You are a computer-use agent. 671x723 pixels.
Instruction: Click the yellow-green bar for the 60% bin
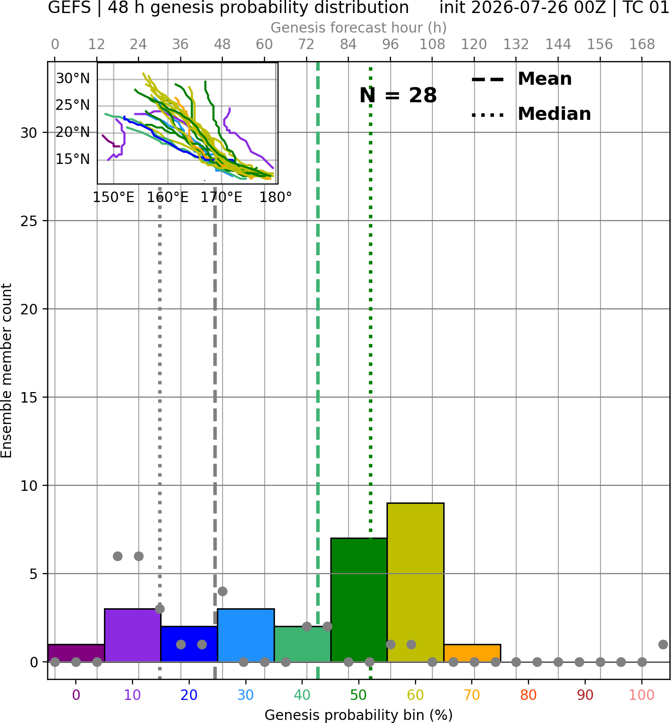click(415, 582)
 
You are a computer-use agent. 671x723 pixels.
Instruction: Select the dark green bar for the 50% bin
click(359, 600)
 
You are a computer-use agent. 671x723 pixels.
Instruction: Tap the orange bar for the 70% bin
click(472, 653)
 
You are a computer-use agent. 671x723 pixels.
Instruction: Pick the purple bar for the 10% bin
click(132, 635)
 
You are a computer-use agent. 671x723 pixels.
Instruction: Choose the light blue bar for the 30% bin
click(245, 635)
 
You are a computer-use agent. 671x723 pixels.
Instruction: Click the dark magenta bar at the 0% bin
click(76, 653)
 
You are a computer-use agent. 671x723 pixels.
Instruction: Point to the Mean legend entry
click(521, 79)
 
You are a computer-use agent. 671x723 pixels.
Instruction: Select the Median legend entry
click(531, 114)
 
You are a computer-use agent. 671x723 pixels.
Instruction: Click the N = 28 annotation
click(397, 95)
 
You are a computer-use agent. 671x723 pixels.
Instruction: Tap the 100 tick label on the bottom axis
click(641, 695)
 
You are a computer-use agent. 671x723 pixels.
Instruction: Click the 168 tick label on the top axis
click(642, 45)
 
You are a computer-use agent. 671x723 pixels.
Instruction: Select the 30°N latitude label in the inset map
click(73, 78)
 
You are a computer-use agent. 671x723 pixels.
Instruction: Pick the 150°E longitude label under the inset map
click(113, 198)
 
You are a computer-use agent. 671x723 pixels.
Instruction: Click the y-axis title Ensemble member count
click(7, 371)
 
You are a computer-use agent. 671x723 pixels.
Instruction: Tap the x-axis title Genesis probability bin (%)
click(359, 715)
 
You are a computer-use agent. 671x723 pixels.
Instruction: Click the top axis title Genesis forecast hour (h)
click(359, 28)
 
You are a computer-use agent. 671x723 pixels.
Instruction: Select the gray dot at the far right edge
click(663, 644)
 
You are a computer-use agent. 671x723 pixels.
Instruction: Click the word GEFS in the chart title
click(69, 8)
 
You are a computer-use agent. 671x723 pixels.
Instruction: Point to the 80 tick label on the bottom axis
click(528, 695)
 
